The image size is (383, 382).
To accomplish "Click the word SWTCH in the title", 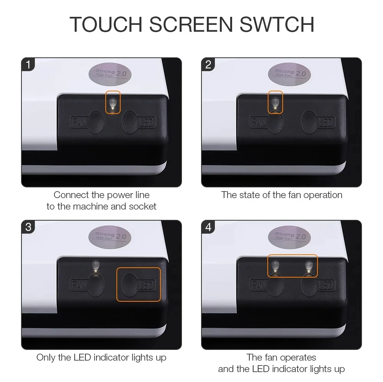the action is [x=277, y=24].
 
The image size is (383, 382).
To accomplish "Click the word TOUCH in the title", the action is [x=106, y=24].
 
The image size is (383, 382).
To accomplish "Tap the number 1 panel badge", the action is [x=28, y=65].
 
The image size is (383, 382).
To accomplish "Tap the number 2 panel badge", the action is [x=208, y=65].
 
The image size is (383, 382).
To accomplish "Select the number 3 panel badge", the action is [x=28, y=227].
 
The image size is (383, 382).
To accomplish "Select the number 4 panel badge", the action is [x=208, y=227].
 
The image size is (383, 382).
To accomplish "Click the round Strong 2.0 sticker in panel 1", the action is [x=110, y=74].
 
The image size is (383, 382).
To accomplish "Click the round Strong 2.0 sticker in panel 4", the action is [x=290, y=237].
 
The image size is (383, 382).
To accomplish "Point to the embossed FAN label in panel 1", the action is [x=79, y=122].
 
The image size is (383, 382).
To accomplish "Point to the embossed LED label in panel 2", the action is [x=327, y=122].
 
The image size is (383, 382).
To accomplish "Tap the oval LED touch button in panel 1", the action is [x=130, y=122].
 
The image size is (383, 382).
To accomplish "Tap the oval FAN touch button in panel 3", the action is [x=96, y=285].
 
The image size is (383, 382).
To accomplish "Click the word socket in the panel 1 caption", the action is [x=142, y=206].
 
